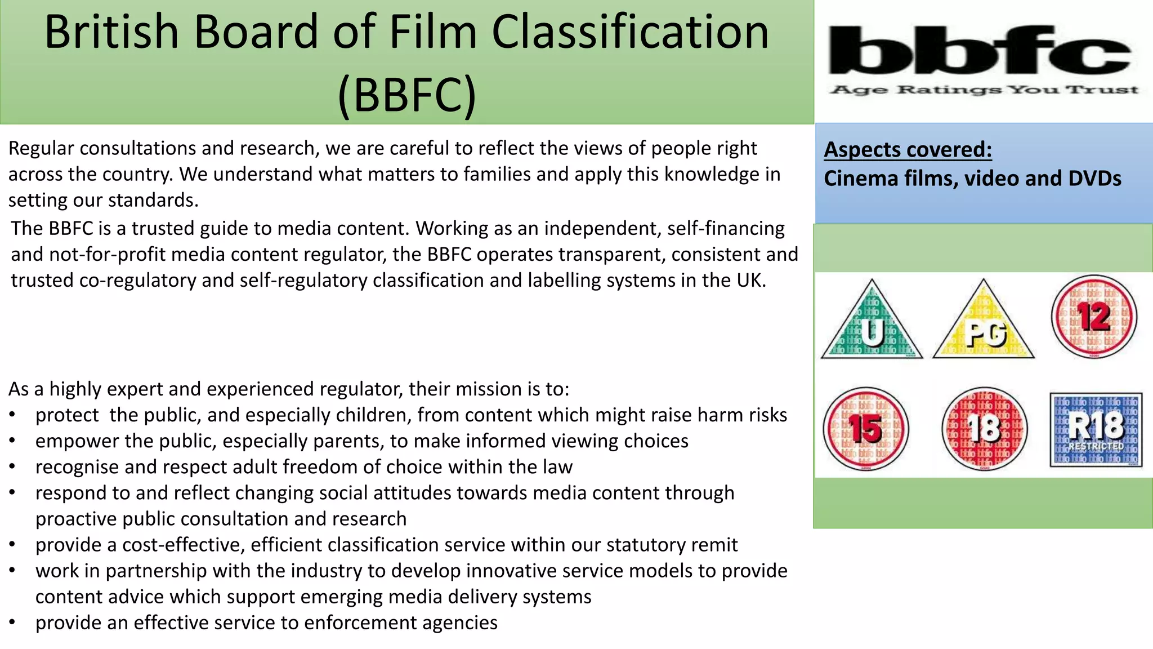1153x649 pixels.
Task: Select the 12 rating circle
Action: pyautogui.click(x=1094, y=317)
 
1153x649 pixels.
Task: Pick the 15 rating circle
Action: pyautogui.click(x=866, y=429)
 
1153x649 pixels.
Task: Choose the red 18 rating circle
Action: pyautogui.click(x=984, y=429)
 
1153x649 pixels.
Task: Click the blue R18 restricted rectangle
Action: pyautogui.click(x=1096, y=429)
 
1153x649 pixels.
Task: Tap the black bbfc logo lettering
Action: pyautogui.click(x=980, y=51)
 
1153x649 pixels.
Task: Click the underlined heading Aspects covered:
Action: pyautogui.click(x=908, y=150)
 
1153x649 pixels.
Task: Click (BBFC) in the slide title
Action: pyautogui.click(x=406, y=94)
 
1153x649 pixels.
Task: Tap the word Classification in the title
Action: pyautogui.click(x=630, y=32)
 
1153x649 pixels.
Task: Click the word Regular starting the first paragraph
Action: pyautogui.click(x=41, y=148)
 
